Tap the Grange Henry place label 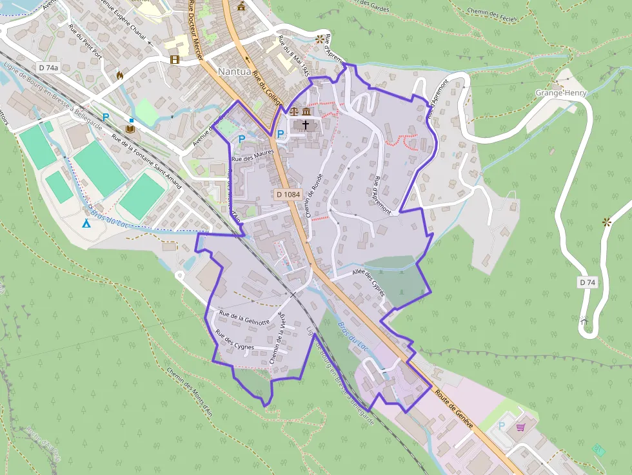tap(559, 93)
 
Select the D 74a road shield tap(48, 68)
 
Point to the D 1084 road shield tap(288, 194)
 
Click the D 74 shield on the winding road tap(586, 282)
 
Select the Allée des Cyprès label tap(369, 282)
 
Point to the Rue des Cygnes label tap(235, 340)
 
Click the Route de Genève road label tap(455, 410)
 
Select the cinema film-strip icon tap(175, 60)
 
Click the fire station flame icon tap(119, 75)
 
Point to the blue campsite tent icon tap(86, 224)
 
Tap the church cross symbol tap(305, 122)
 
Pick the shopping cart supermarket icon tap(520, 427)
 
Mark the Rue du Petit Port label tap(84, 40)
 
